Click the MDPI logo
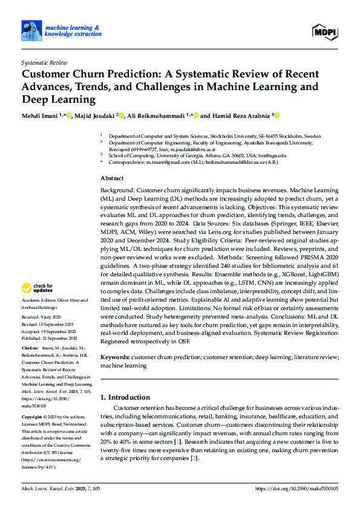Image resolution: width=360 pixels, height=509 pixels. coord(326,31)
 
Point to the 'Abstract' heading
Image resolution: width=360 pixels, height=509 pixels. coord(112,178)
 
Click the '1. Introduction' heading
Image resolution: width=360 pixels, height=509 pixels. coord(125,397)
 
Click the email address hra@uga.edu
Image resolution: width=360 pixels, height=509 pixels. coord(272,155)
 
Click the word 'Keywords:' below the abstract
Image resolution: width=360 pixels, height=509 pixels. coord(114,357)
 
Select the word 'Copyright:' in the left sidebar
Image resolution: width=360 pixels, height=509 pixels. coord(31,418)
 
